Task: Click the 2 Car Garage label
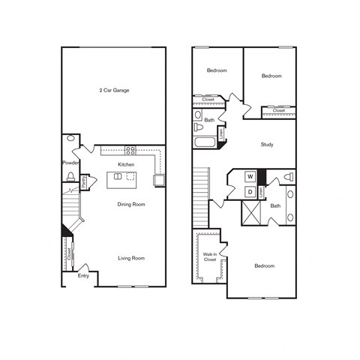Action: tap(115, 90)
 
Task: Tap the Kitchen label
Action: tap(125, 163)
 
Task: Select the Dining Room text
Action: tap(130, 203)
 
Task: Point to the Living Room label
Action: tap(130, 258)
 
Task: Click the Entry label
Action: tap(83, 275)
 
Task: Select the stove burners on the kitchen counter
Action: tap(130, 149)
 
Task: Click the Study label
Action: tap(267, 144)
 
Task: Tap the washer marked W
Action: tap(250, 177)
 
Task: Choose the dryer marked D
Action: tap(250, 192)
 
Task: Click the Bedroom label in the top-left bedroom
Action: tap(217, 70)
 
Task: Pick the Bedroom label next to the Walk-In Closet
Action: tap(263, 265)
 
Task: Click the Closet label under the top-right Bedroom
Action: tap(278, 110)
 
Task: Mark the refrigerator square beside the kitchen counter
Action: tap(159, 180)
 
